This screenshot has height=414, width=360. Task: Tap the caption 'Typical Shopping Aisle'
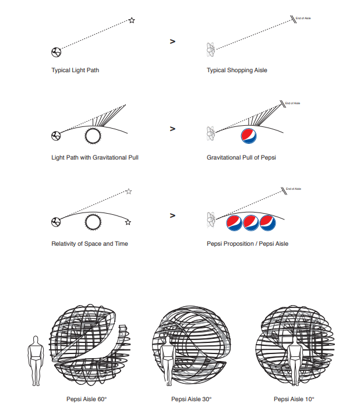237,70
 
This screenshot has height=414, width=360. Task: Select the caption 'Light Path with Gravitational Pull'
95,157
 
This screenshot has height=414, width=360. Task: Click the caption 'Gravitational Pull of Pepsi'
241,157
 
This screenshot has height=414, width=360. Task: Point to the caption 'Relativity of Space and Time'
90,243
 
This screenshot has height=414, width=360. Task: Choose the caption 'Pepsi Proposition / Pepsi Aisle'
248,243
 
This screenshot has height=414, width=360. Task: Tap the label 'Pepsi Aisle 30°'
191,399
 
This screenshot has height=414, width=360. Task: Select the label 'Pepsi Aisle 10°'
294,399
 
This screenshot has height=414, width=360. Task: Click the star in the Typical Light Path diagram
132,21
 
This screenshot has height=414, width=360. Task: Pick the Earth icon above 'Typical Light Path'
56,52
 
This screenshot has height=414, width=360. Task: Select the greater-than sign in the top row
172,41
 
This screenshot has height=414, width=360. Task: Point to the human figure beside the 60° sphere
37,360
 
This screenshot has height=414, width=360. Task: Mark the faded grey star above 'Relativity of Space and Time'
128,191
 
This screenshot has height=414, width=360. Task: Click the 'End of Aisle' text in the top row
303,19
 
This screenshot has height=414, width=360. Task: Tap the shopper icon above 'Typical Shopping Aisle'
211,51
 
